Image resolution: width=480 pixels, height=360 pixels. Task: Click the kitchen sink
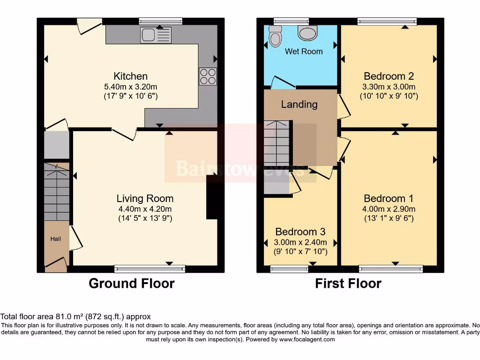pyautogui.click(x=156, y=35)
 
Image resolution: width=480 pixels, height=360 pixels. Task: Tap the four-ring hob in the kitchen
pyautogui.click(x=208, y=76)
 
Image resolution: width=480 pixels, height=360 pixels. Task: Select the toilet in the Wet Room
pyautogui.click(x=275, y=36)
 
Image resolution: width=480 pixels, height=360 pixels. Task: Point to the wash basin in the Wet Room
pyautogui.click(x=307, y=32)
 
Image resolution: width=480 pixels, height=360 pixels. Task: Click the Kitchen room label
pyautogui.click(x=130, y=76)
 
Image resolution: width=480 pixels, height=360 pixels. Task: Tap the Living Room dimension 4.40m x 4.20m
pyautogui.click(x=145, y=209)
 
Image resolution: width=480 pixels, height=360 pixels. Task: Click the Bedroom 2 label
pyautogui.click(x=389, y=76)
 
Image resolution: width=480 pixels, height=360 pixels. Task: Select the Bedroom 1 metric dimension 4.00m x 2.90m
pyautogui.click(x=389, y=209)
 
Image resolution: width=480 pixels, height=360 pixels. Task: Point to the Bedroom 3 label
pyautogui.click(x=300, y=232)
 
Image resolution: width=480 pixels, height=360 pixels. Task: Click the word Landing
pyautogui.click(x=299, y=105)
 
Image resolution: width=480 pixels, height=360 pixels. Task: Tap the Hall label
pyautogui.click(x=55, y=239)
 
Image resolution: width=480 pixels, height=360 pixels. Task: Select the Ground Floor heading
pyautogui.click(x=132, y=284)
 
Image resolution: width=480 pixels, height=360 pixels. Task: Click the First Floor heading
pyautogui.click(x=348, y=284)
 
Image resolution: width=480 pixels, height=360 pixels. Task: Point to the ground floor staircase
pyautogui.click(x=57, y=192)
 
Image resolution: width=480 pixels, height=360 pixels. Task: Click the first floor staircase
pyautogui.click(x=277, y=143)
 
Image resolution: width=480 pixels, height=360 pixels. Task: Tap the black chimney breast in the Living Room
pyautogui.click(x=212, y=197)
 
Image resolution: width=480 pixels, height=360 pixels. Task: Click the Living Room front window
pyautogui.click(x=150, y=269)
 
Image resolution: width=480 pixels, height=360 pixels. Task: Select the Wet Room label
pyautogui.click(x=304, y=52)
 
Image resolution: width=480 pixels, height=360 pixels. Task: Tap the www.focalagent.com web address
pyautogui.click(x=307, y=339)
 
